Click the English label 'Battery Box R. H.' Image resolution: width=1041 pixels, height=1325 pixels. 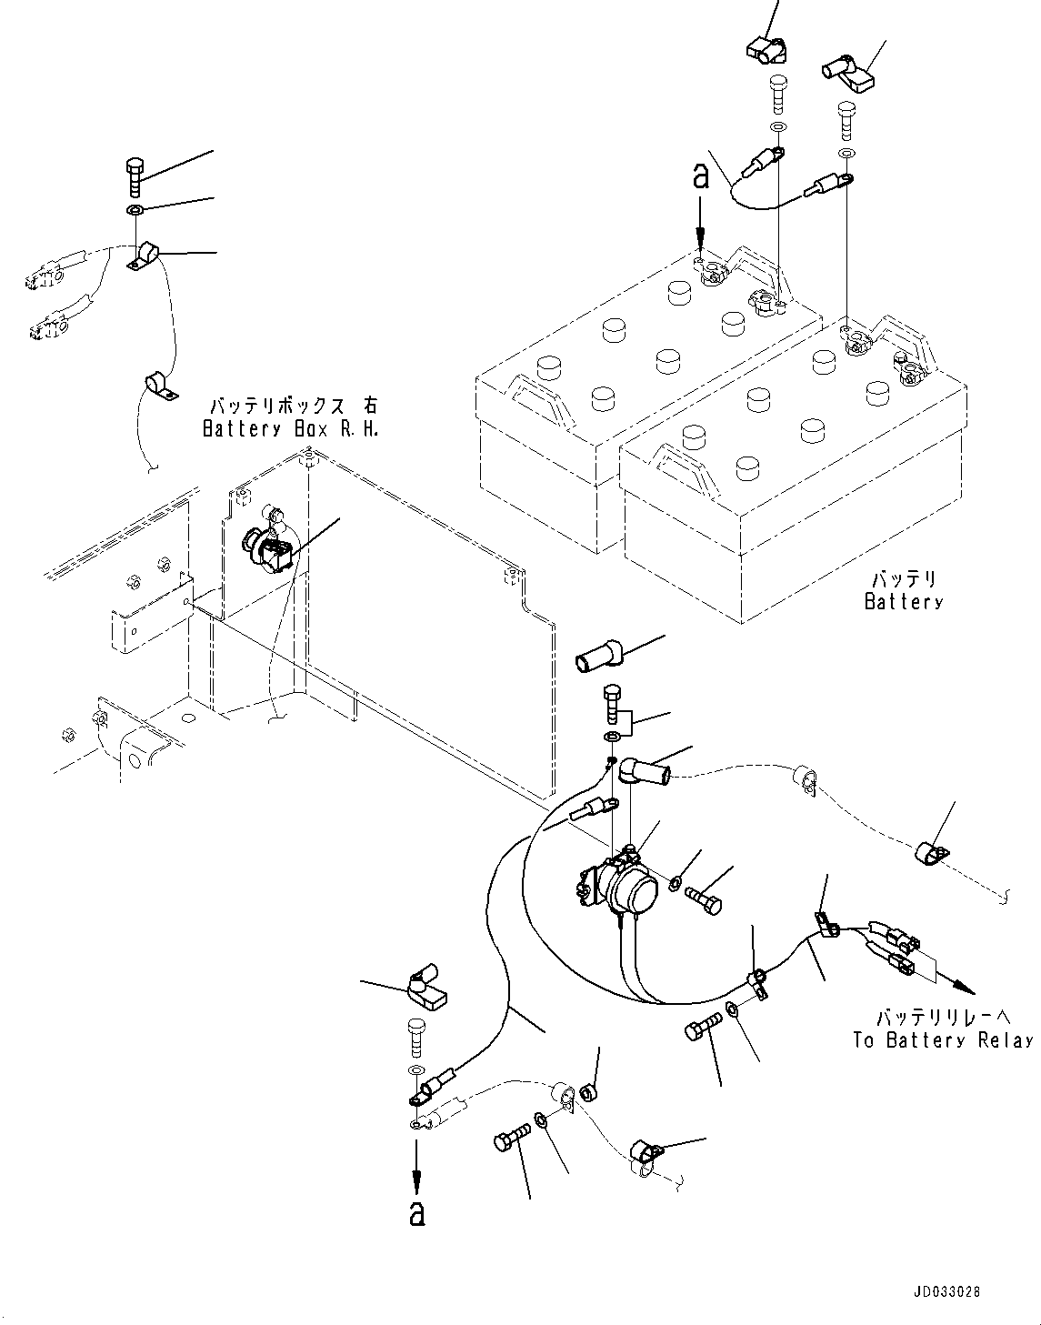(x=290, y=429)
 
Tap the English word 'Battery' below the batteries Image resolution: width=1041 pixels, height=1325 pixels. (x=904, y=602)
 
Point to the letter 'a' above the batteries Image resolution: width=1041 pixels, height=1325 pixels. (x=702, y=177)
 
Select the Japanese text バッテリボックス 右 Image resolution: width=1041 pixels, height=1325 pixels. (x=294, y=406)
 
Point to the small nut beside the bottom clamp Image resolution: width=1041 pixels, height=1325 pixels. (x=589, y=1092)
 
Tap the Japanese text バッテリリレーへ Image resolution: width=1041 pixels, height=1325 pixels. (x=944, y=1017)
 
